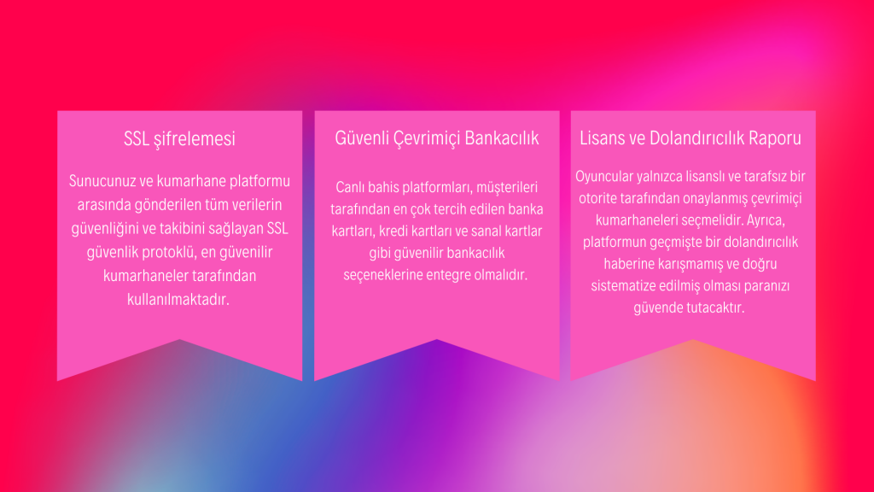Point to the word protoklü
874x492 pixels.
[x=168, y=252]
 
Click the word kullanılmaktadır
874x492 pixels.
[x=178, y=300]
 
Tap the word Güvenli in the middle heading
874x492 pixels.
[x=362, y=138]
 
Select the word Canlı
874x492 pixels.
[x=350, y=187]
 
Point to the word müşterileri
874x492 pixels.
[x=507, y=187]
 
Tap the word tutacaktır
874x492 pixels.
[x=715, y=307]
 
